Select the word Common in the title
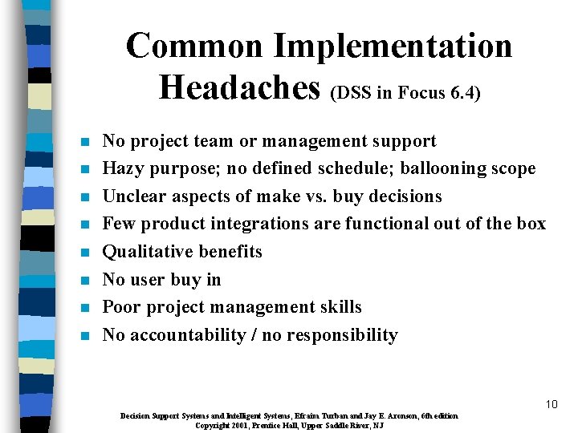coord(194,45)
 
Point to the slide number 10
coord(551,404)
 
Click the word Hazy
coord(124,169)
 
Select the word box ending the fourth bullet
coord(531,225)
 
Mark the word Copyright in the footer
coord(213,425)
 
